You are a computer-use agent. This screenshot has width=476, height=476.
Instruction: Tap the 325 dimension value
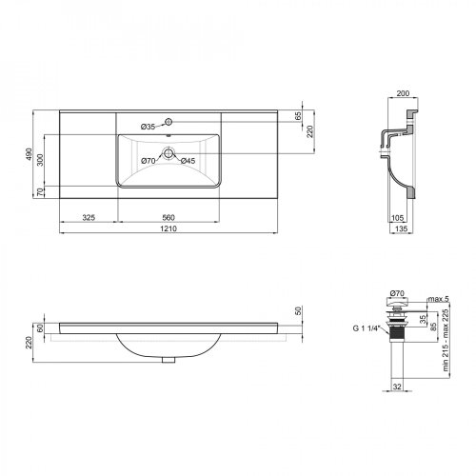pos(89,217)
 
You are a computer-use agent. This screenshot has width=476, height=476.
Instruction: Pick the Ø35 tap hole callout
pos(148,127)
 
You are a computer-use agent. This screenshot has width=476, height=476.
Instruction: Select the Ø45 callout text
pos(188,160)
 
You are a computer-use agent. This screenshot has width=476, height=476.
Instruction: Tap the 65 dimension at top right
pos(297,115)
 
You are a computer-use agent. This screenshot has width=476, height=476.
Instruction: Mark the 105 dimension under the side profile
pos(397,217)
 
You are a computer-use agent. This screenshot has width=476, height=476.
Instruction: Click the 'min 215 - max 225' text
pos(444,340)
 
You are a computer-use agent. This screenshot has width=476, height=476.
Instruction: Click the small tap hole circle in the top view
pos(168,123)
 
